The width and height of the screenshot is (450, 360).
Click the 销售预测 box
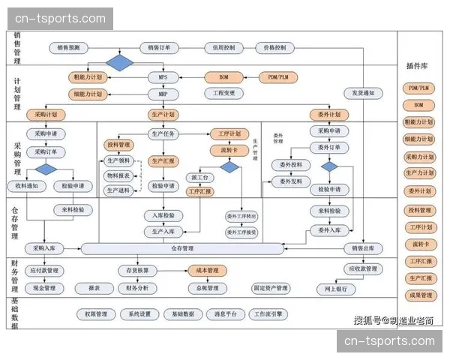(73, 47)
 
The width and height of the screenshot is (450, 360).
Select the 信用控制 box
(223, 47)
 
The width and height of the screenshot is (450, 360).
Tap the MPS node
(163, 77)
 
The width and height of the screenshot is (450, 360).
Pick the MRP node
(163, 94)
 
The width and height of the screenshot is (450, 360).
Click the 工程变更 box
(223, 94)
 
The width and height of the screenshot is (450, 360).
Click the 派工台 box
(200, 178)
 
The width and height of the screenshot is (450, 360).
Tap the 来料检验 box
(73, 210)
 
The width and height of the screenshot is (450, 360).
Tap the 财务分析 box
(142, 288)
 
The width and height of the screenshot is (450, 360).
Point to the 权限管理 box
(96, 314)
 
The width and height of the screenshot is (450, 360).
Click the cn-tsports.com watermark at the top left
(57, 18)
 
